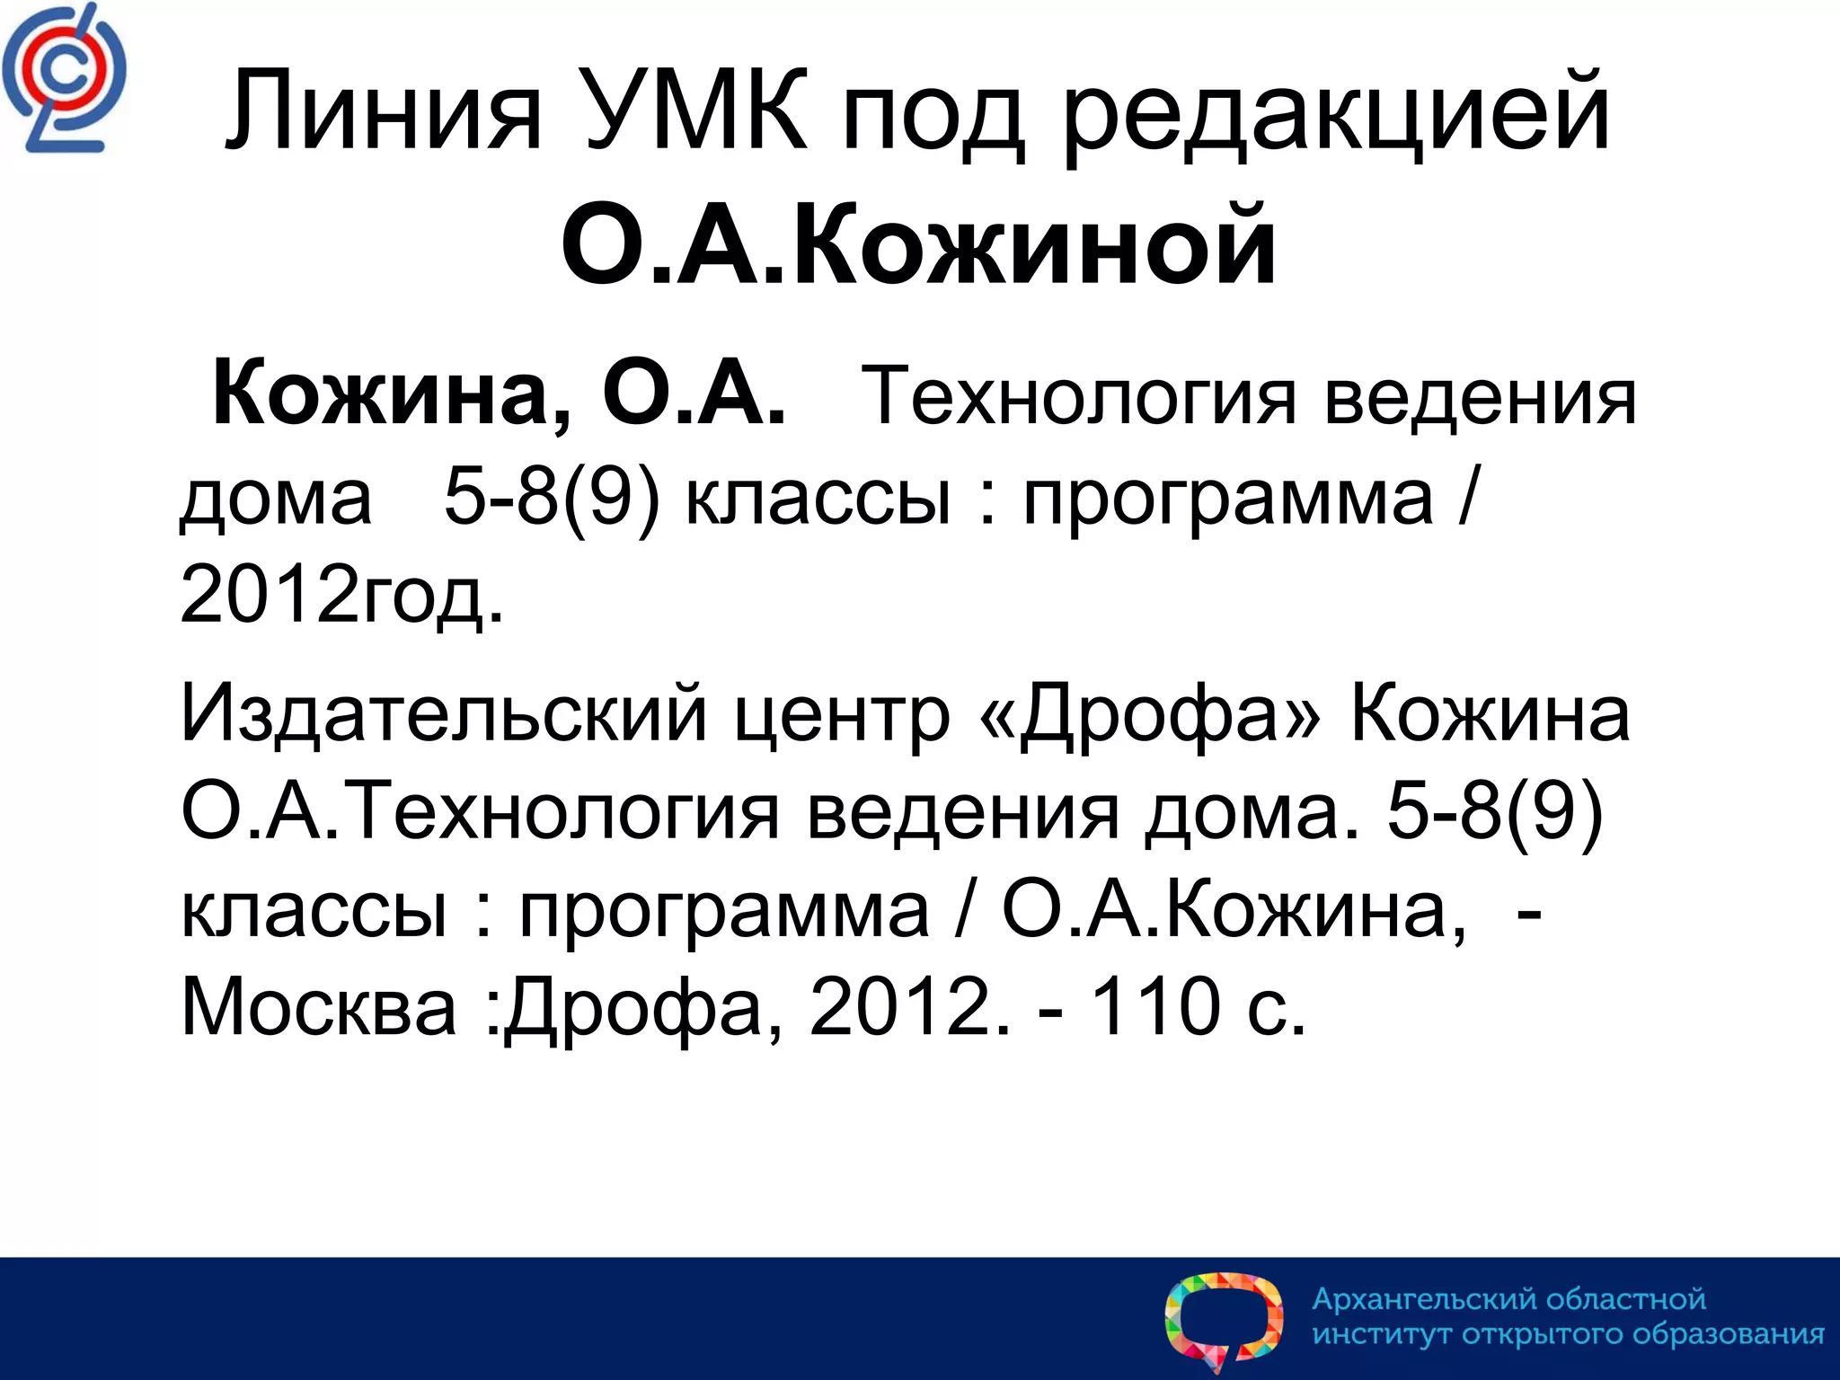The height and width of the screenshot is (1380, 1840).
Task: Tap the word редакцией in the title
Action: click(1337, 117)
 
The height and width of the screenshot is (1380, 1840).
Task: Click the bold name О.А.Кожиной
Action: click(918, 244)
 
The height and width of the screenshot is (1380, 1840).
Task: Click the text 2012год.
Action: click(341, 595)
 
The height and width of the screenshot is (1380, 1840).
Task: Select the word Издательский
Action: click(444, 714)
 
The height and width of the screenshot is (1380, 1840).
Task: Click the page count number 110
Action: click(1154, 1006)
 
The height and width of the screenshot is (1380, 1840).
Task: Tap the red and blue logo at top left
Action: click(64, 79)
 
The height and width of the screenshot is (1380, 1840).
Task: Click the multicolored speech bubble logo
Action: click(1224, 1320)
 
